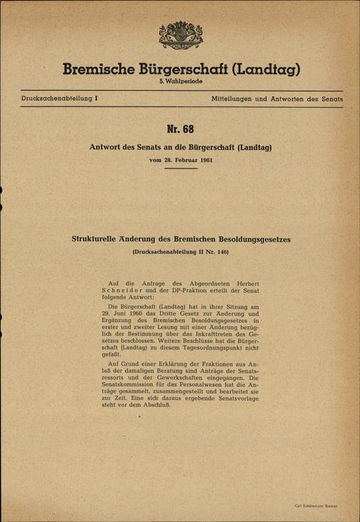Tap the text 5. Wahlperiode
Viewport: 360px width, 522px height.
point(179,84)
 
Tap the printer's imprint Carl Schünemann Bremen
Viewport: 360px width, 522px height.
point(318,506)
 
